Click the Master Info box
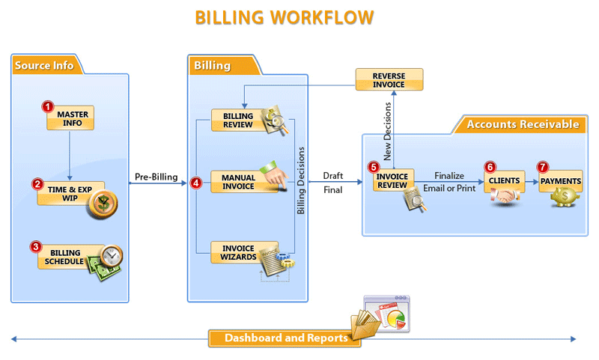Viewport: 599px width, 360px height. [72, 119]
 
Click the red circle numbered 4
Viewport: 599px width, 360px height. [197, 182]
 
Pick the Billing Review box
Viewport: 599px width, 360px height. [238, 121]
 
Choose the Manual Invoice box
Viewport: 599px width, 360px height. [238, 182]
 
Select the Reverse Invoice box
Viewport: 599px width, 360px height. [389, 80]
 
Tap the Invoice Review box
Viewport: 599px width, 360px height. [392, 181]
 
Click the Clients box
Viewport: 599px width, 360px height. [504, 181]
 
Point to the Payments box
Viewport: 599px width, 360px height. [560, 181]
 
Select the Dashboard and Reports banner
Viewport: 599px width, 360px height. [285, 338]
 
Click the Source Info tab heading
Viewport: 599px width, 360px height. [44, 65]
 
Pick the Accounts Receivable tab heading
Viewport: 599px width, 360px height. [522, 124]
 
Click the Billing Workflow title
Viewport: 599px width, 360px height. [285, 17]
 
